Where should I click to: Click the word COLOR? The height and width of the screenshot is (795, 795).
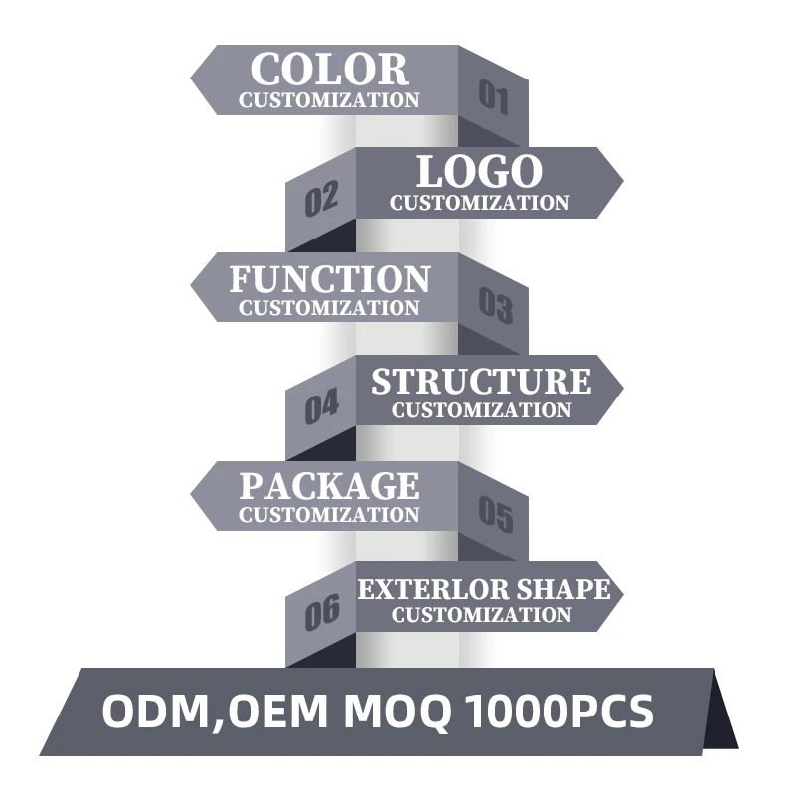[x=330, y=70]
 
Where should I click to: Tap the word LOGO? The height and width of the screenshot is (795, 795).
[x=479, y=172]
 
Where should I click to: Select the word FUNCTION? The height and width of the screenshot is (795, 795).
[x=330, y=279]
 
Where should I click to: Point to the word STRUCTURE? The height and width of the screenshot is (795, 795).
[x=481, y=381]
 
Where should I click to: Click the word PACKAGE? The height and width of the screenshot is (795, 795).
[x=330, y=486]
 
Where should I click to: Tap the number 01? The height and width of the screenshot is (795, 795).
[x=494, y=96]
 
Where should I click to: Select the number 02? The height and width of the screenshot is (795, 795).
[x=321, y=199]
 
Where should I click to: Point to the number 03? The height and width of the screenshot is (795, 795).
[x=495, y=305]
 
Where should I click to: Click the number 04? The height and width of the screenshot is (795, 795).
[x=321, y=406]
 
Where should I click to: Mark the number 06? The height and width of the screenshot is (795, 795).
[x=322, y=612]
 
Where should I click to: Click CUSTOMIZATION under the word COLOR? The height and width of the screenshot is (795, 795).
[x=330, y=100]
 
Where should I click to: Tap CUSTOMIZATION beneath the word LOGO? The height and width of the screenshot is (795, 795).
[x=480, y=203]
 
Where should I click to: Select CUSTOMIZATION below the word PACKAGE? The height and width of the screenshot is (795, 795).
[x=330, y=515]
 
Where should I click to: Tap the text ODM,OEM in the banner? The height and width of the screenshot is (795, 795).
[x=215, y=713]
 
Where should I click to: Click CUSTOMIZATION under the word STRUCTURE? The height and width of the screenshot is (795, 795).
[x=481, y=409]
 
